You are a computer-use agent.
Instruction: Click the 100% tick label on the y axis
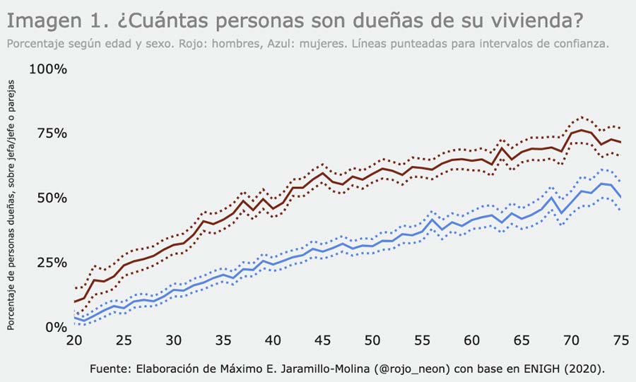[47, 69]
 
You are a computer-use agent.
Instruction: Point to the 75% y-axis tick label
[51, 133]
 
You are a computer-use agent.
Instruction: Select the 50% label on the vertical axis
[51, 198]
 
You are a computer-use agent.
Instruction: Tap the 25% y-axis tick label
[51, 263]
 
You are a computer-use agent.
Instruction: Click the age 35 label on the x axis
[223, 340]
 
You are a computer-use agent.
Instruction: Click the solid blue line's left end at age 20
[74, 318]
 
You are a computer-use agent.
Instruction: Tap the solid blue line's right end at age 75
[620, 197]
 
